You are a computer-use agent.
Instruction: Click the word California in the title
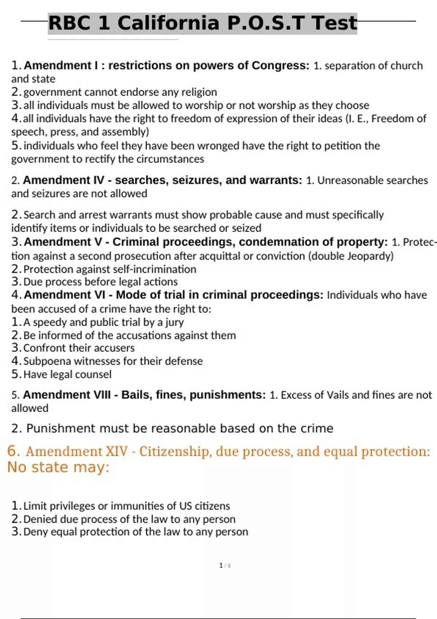pyautogui.click(x=168, y=23)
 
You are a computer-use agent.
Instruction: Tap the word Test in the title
pyautogui.click(x=334, y=23)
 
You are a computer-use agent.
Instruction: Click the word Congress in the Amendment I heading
pyautogui.click(x=280, y=66)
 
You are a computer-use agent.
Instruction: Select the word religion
pyautogui.click(x=198, y=92)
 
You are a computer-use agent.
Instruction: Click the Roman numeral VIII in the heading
pyautogui.click(x=99, y=395)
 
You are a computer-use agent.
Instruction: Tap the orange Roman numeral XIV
pyautogui.click(x=117, y=452)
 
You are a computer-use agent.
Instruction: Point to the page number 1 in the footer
pyautogui.click(x=221, y=565)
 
